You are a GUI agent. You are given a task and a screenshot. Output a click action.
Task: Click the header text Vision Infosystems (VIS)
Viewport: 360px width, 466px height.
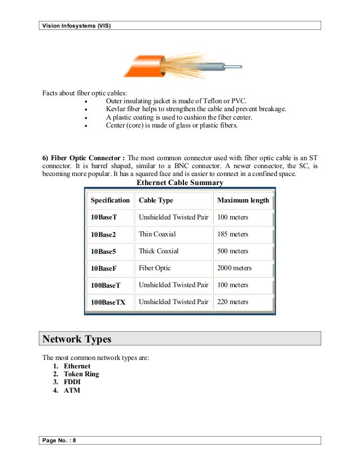(77, 26)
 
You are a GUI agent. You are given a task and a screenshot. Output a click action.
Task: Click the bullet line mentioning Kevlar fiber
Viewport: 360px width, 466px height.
(196, 108)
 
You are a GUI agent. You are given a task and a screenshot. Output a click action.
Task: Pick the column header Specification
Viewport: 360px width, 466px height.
(110, 200)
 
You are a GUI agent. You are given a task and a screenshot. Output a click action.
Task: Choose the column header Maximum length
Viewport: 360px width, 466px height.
(243, 200)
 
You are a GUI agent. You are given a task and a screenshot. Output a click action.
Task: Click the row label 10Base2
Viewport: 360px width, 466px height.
(103, 235)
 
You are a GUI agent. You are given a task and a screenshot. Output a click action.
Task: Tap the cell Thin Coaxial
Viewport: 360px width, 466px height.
(157, 234)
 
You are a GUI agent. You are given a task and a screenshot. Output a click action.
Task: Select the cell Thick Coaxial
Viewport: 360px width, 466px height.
(159, 251)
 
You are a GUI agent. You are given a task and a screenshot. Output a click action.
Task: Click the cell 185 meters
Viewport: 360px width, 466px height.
(232, 234)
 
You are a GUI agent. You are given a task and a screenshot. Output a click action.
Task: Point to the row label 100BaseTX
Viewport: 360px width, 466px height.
(108, 302)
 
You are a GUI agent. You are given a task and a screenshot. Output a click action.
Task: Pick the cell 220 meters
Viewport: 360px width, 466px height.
(232, 302)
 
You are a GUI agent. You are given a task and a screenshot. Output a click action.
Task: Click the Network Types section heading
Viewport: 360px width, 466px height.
(77, 339)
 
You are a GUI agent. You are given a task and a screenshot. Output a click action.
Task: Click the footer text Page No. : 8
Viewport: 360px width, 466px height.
(59, 441)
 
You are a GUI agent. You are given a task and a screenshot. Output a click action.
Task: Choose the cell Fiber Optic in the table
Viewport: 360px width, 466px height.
(155, 268)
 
